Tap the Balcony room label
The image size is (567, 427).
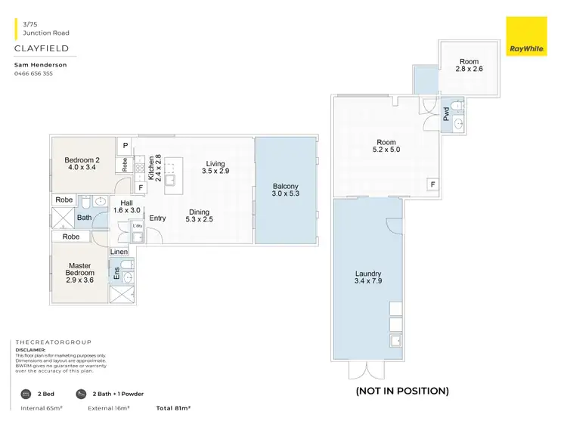coord(286,190)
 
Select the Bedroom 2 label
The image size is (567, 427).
coord(82,164)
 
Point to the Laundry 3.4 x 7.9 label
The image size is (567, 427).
coord(367,278)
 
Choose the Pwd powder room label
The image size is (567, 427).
coord(446,116)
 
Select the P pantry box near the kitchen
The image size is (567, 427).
coord(125,145)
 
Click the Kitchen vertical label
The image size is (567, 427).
coord(153,169)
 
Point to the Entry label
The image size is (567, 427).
coord(157,218)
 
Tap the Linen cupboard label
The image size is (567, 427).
coord(119,251)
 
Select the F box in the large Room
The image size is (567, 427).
coord(432,184)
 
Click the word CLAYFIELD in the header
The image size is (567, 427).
coord(42,48)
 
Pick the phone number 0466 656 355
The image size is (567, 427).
coord(34,74)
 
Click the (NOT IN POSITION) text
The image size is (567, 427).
coord(401,391)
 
